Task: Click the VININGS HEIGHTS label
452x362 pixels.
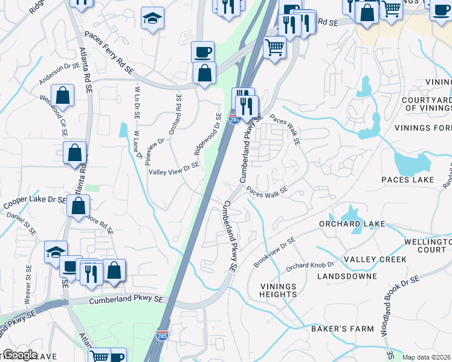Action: (279, 290)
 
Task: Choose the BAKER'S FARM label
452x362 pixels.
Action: (343, 329)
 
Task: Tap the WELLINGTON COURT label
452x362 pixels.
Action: (426, 245)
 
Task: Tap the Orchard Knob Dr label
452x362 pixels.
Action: (310, 265)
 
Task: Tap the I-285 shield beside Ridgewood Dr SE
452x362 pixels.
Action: (233, 119)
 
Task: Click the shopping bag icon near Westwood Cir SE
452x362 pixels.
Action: (62, 95)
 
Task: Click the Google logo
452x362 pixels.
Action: (19, 355)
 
